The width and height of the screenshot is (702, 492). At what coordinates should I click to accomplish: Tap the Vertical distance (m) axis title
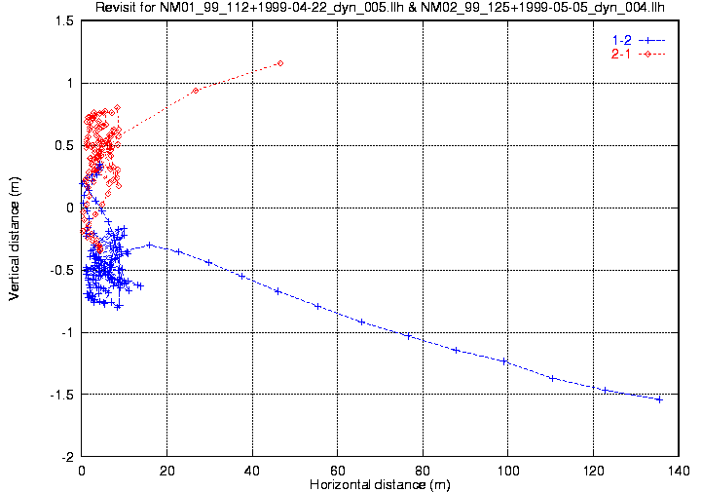click(x=15, y=239)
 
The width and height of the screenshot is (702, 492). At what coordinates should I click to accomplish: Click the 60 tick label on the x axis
click(x=337, y=469)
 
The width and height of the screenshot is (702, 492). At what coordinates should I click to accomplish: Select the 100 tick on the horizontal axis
click(x=505, y=469)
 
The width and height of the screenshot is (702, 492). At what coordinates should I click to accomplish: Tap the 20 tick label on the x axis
click(x=167, y=469)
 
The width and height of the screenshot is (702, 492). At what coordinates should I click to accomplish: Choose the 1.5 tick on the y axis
click(x=65, y=20)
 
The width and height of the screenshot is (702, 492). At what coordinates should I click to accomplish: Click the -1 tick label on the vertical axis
click(x=68, y=332)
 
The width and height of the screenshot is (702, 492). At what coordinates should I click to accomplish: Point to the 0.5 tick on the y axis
click(x=65, y=145)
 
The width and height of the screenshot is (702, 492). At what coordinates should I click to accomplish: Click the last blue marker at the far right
click(x=659, y=399)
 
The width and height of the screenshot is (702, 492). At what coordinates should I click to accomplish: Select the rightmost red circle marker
click(x=280, y=63)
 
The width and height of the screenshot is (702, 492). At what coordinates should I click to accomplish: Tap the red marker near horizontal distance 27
click(x=196, y=91)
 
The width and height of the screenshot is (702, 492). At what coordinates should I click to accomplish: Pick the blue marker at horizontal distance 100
click(x=504, y=361)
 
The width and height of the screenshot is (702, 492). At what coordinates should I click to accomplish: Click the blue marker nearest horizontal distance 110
click(x=552, y=378)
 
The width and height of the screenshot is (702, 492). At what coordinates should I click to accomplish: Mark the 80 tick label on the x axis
click(x=422, y=469)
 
